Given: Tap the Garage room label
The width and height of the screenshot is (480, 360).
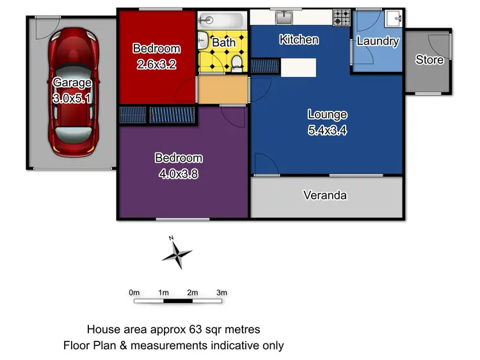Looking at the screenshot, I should pyautogui.click(x=72, y=83).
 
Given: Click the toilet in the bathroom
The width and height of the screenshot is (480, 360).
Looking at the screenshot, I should pyautogui.click(x=237, y=61).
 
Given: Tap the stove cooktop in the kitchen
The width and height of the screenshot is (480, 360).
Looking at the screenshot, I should pyautogui.click(x=341, y=17).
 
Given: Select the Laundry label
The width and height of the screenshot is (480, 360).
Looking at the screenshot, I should pyautogui.click(x=378, y=42).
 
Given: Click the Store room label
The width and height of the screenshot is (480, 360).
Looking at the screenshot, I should pyautogui.click(x=429, y=60).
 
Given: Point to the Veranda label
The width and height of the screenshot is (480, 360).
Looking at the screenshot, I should pyautogui.click(x=325, y=195).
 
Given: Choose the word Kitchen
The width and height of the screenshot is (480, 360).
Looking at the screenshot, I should pyautogui.click(x=299, y=40).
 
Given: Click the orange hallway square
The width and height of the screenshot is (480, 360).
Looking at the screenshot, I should pyautogui.click(x=222, y=90).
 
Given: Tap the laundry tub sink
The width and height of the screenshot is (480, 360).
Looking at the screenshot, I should pyautogui.click(x=394, y=17).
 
